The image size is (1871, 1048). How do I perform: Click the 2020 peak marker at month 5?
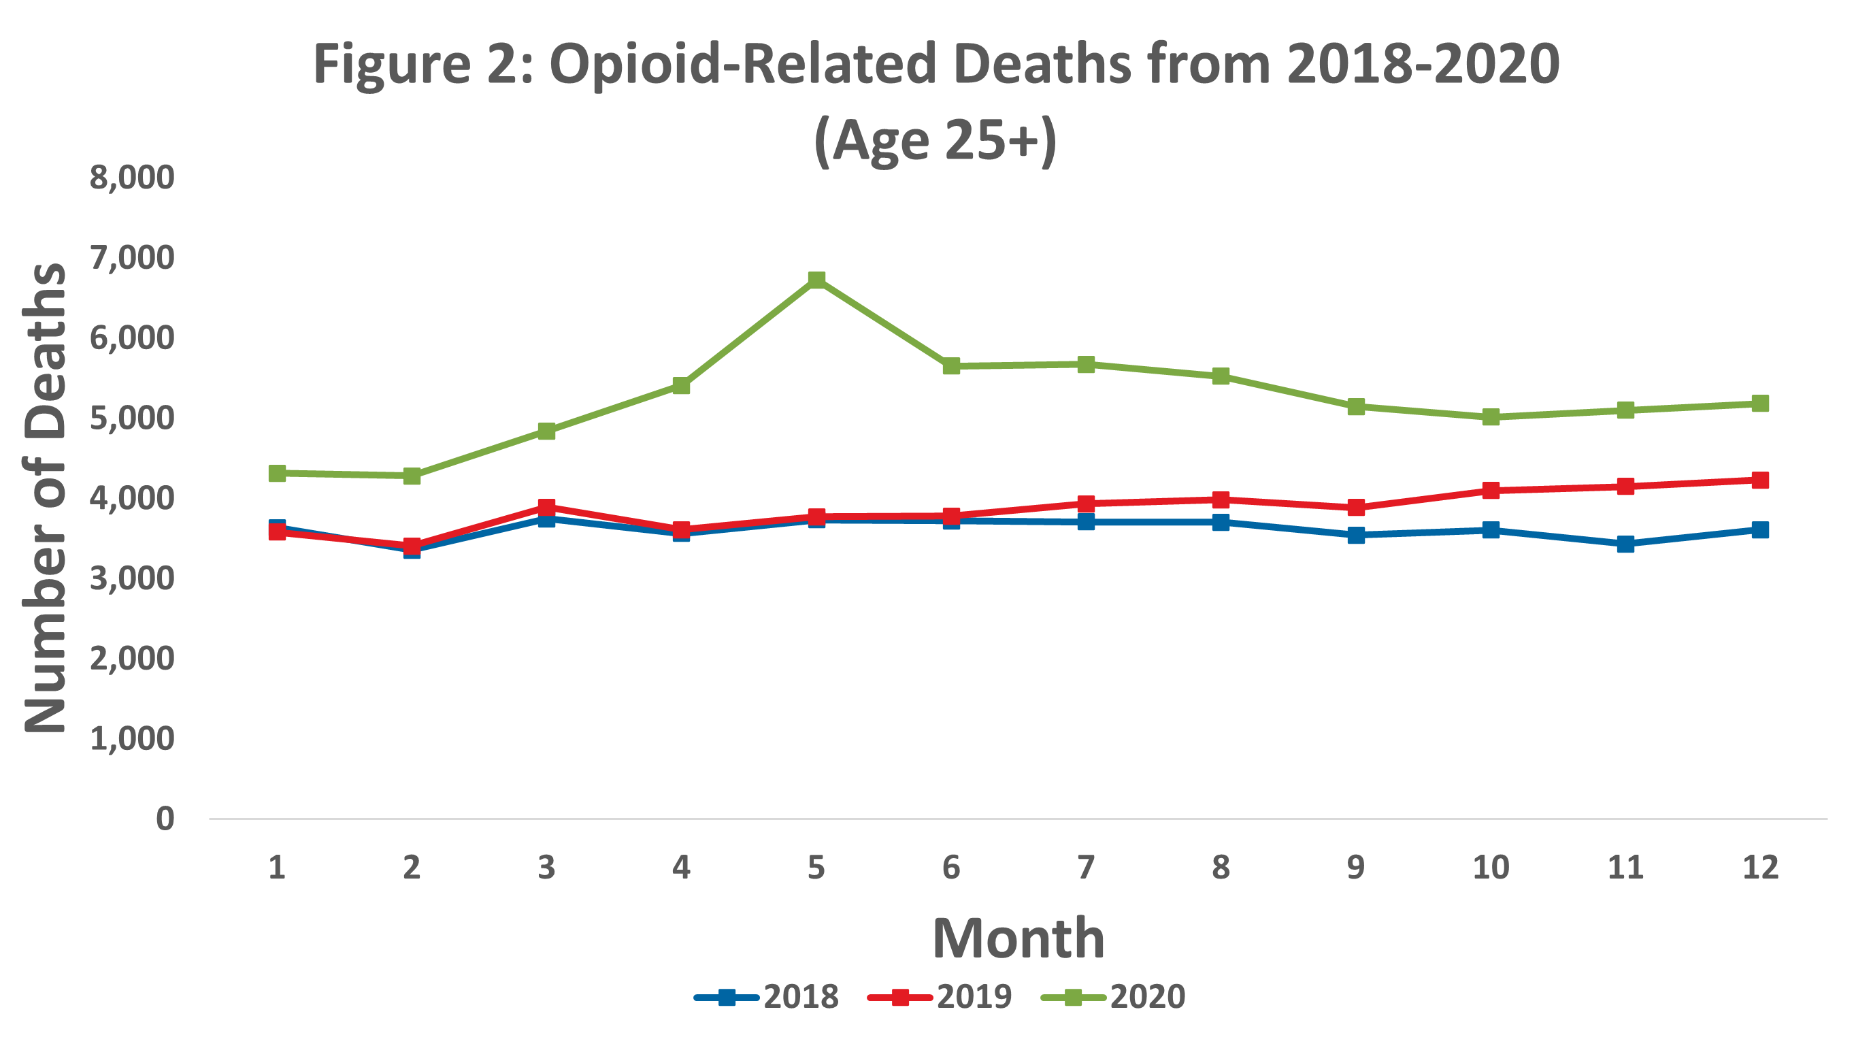click(816, 280)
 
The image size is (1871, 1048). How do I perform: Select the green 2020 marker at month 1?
click(277, 473)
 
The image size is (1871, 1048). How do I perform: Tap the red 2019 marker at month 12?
click(1760, 480)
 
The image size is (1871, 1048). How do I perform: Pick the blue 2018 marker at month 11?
click(1625, 543)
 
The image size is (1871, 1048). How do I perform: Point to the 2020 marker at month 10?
click(1491, 417)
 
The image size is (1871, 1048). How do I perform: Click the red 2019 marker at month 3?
click(546, 506)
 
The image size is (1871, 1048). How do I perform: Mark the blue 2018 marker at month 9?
click(1355, 536)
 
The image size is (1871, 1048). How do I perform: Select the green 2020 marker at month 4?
click(681, 385)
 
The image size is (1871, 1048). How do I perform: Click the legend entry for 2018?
click(767, 996)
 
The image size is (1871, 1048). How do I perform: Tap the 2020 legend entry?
click(1114, 996)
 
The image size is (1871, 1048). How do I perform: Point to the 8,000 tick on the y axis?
click(131, 177)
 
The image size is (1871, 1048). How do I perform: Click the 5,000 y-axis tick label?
click(131, 418)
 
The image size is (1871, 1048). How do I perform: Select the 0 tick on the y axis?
click(165, 819)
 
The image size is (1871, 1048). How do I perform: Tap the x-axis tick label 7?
click(1086, 867)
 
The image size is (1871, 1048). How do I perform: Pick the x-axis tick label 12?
click(1760, 867)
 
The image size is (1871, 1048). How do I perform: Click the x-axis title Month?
click(1019, 938)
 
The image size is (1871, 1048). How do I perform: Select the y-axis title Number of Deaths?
click(45, 497)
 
